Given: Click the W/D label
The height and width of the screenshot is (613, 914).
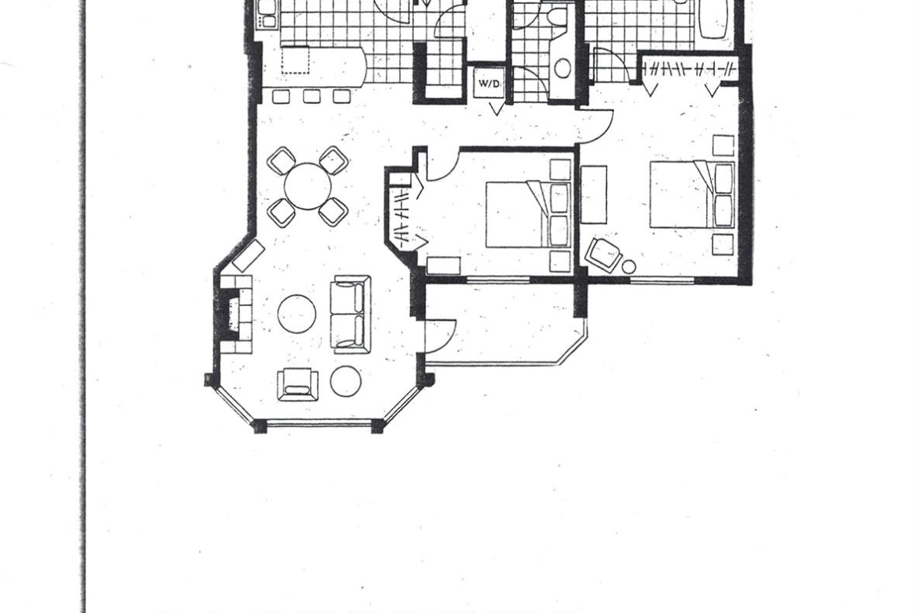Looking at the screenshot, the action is pyautogui.click(x=490, y=84).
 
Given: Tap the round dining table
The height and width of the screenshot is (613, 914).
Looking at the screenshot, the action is pyautogui.click(x=308, y=187).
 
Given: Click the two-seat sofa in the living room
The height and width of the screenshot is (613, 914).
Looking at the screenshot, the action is pyautogui.click(x=350, y=315).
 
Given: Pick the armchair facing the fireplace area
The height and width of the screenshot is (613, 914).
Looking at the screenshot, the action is pyautogui.click(x=298, y=384).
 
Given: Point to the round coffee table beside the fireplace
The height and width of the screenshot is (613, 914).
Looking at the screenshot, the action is pyautogui.click(x=297, y=313).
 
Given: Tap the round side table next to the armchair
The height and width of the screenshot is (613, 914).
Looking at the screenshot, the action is pyautogui.click(x=345, y=381).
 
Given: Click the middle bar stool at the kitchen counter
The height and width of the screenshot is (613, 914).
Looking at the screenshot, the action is pyautogui.click(x=311, y=96).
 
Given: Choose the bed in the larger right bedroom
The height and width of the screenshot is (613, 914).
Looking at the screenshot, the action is pyautogui.click(x=692, y=194).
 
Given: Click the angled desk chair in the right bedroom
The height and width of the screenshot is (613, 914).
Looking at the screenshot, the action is pyautogui.click(x=604, y=255).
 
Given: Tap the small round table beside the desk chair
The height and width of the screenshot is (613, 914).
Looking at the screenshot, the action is pyautogui.click(x=628, y=267).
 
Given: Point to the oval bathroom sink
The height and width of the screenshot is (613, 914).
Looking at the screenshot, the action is pyautogui.click(x=562, y=68).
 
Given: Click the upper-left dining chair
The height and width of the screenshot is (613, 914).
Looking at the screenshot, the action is pyautogui.click(x=281, y=161).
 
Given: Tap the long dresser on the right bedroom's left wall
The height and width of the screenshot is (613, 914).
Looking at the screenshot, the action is pyautogui.click(x=594, y=194).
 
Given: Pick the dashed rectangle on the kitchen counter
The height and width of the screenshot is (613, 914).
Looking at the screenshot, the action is pyautogui.click(x=295, y=60).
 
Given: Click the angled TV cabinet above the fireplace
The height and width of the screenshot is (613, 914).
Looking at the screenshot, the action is pyautogui.click(x=249, y=256).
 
